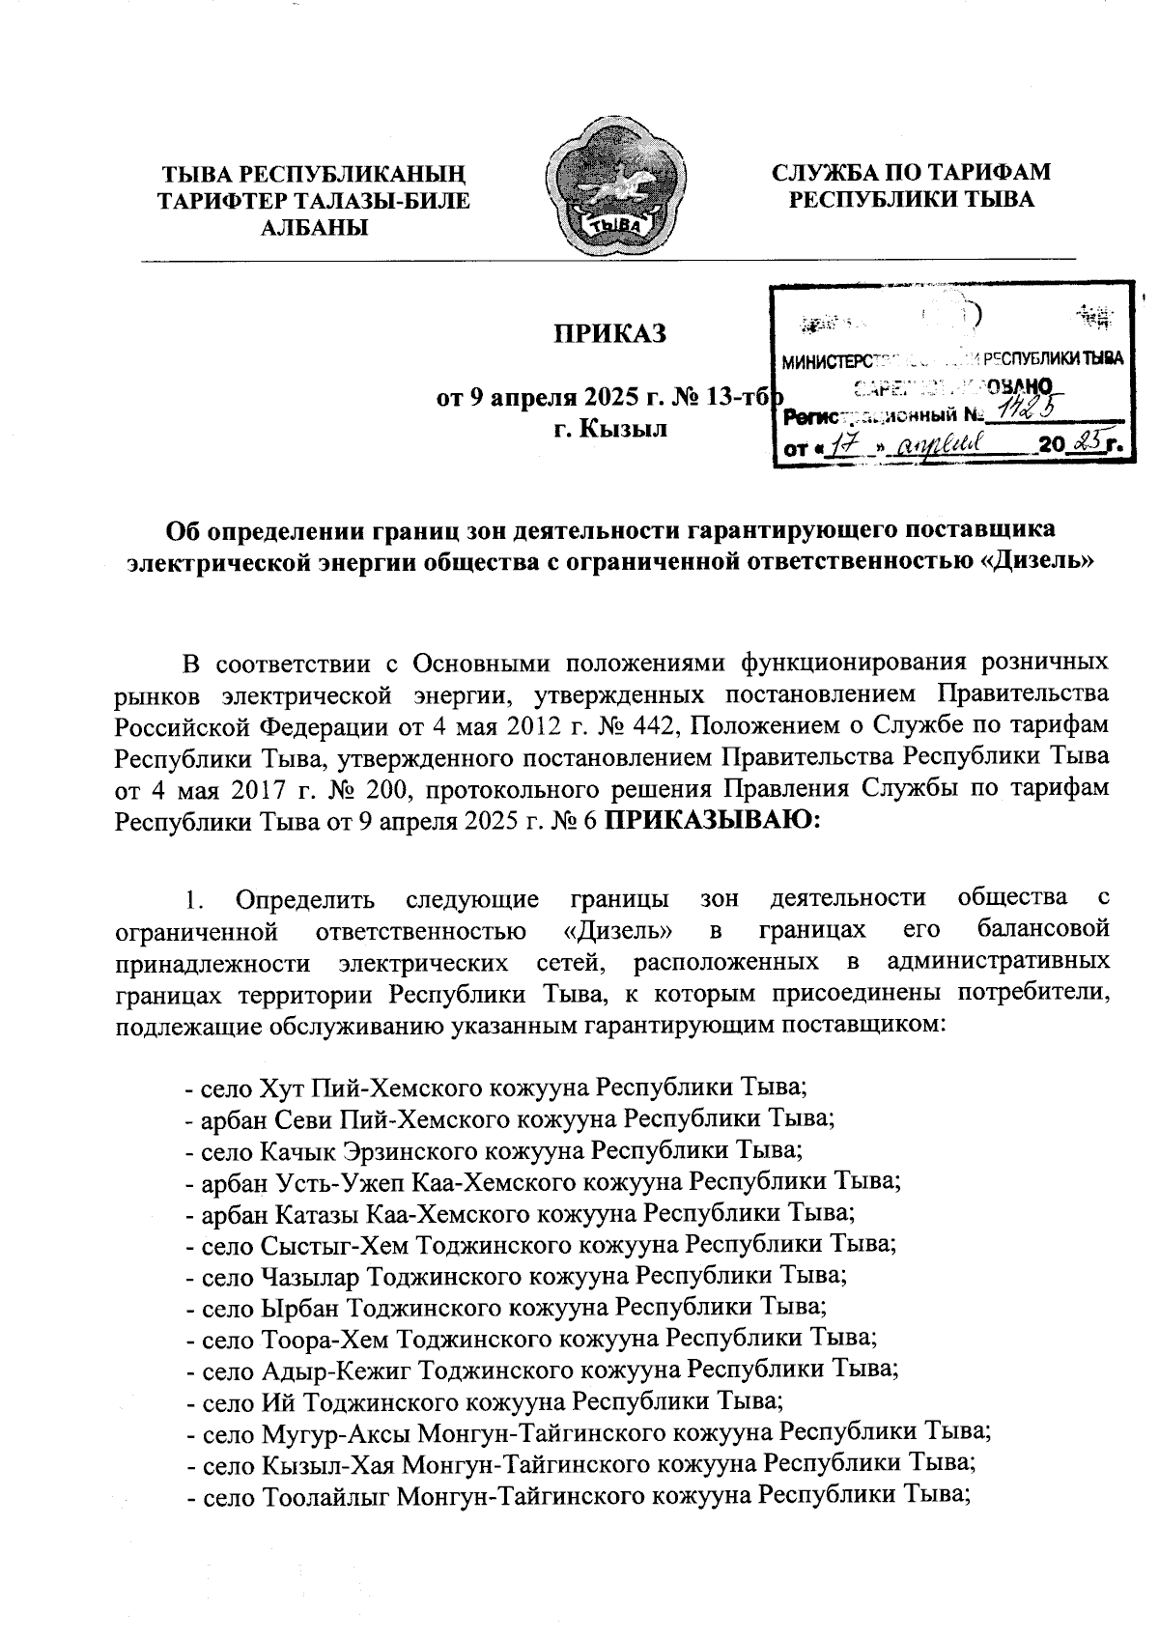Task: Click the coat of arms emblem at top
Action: [x=617, y=190]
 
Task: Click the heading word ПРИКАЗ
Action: [x=609, y=334]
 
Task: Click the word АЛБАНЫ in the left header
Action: [x=314, y=228]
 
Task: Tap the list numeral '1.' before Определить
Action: [x=195, y=899]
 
